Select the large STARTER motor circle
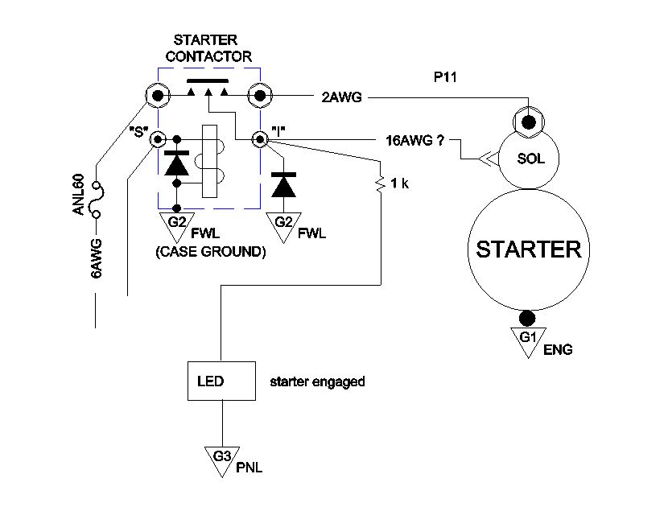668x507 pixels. coord(528,249)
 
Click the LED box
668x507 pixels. coord(216,381)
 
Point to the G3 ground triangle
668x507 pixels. coord(222,458)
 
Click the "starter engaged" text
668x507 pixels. coord(317,381)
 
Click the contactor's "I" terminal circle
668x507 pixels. coord(259,139)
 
